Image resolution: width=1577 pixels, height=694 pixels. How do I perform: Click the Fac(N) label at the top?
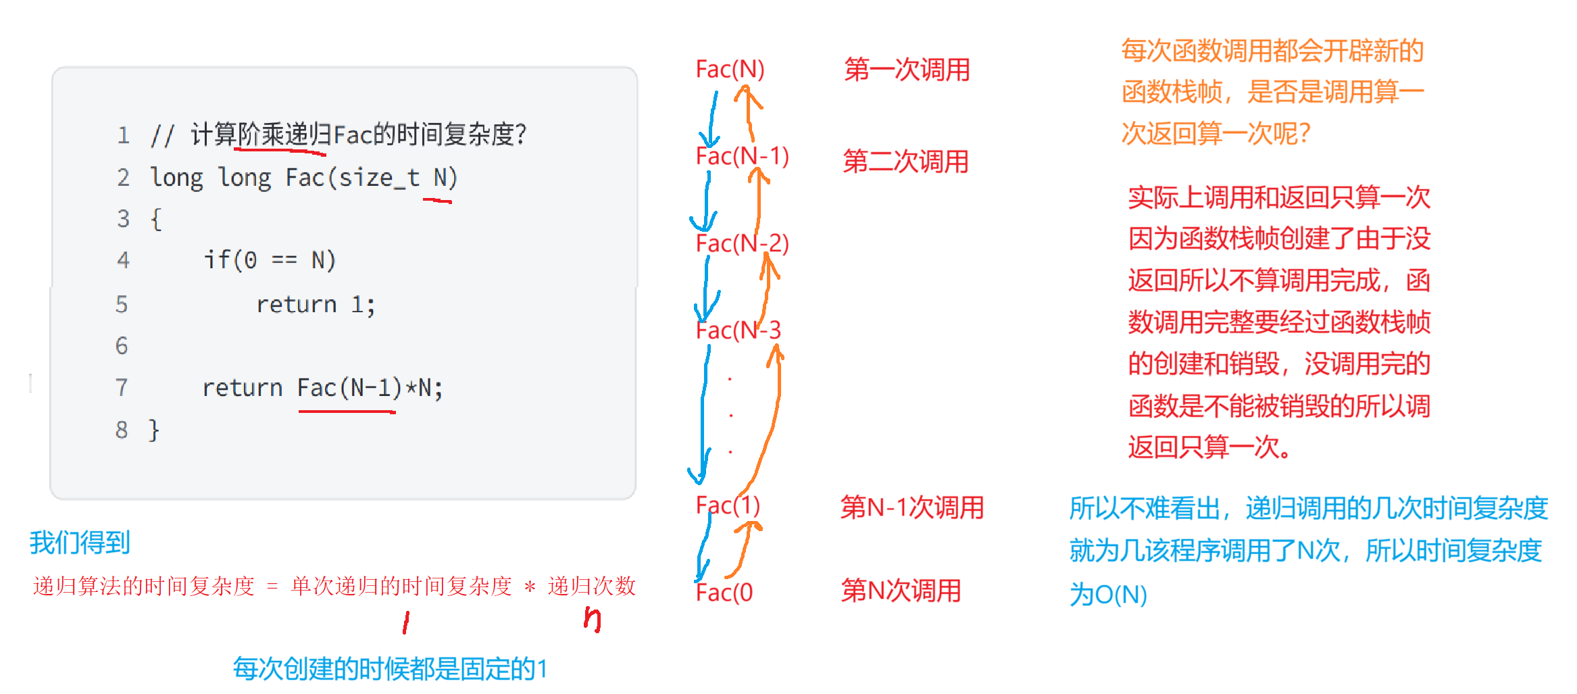tap(730, 69)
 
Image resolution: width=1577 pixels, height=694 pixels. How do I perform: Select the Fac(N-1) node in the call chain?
tap(742, 156)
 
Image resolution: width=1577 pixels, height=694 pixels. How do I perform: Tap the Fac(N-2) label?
tap(742, 243)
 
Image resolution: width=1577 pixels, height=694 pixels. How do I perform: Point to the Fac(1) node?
tap(728, 505)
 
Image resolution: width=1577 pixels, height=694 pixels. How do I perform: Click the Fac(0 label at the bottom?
tap(724, 592)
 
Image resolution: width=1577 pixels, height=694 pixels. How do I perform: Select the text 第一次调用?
tap(907, 70)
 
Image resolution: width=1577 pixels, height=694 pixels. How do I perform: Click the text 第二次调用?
tap(905, 162)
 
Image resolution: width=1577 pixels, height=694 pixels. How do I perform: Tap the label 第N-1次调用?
tap(911, 507)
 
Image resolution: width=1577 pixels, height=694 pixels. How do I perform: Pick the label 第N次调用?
tap(901, 591)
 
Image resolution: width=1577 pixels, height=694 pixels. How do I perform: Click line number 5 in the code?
tap(122, 304)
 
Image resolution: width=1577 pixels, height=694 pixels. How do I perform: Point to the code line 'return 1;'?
tap(316, 305)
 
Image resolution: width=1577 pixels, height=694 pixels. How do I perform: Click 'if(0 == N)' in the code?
tap(270, 259)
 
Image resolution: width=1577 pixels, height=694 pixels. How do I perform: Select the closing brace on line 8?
tap(154, 430)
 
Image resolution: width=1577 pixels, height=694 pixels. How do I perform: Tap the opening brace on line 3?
tap(156, 219)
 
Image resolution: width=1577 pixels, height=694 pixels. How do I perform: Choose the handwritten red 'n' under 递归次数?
tap(593, 619)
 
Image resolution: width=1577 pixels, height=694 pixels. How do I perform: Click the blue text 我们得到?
tap(80, 543)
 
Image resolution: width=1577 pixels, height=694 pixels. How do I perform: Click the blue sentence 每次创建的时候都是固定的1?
tap(390, 669)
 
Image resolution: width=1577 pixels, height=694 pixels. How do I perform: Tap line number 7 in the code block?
tap(122, 388)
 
